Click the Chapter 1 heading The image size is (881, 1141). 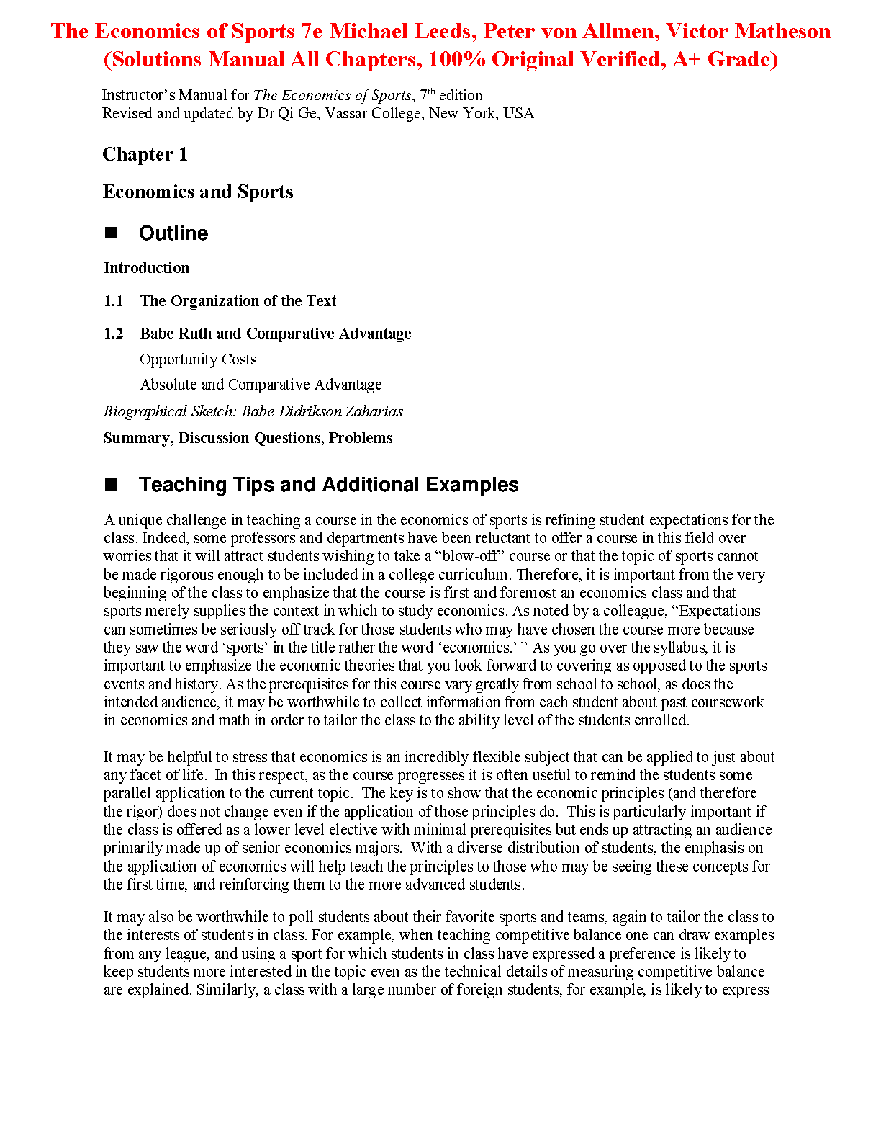coord(145,154)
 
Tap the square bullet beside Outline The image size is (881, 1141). coord(111,233)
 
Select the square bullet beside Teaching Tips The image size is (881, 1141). coord(111,484)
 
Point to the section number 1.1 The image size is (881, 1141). coord(113,301)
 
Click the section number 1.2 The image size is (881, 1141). coord(113,334)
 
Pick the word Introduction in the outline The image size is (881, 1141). coord(146,268)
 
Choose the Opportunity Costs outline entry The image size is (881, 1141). coord(198,359)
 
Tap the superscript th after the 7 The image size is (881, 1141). coord(431,91)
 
